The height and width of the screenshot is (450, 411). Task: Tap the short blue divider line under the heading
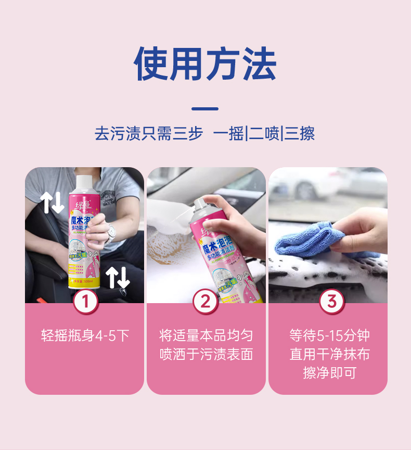tap(205, 109)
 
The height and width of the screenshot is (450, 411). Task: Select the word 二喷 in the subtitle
tap(263, 134)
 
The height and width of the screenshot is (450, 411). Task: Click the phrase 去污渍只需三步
tap(148, 134)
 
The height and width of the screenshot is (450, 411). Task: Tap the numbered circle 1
tap(85, 302)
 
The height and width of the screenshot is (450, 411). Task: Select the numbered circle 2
tap(206, 302)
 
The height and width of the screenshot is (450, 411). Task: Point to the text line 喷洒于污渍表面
tap(206, 355)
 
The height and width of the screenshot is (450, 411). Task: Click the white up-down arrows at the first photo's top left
tap(52, 203)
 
